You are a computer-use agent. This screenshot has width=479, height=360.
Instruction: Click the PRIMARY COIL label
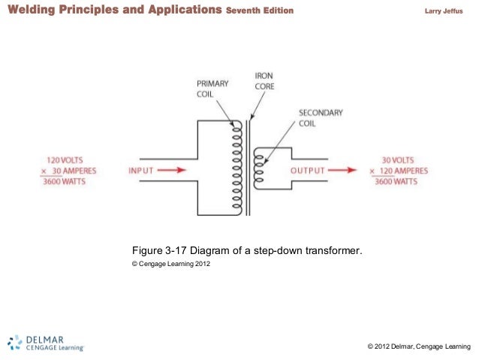[212, 88]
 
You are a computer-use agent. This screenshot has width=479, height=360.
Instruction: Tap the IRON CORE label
[264, 81]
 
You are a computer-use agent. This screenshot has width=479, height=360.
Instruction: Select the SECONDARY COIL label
[321, 118]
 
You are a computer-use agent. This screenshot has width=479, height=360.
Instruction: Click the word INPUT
[141, 171]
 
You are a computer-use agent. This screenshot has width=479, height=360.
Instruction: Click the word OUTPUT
[308, 171]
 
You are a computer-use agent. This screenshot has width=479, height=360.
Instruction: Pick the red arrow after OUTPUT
[342, 171]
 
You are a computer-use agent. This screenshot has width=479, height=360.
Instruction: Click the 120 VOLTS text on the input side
[64, 160]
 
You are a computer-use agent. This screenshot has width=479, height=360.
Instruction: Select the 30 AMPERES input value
[68, 171]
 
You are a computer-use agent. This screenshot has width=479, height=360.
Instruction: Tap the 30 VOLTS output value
[397, 160]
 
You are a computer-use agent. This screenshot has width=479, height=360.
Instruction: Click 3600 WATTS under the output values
[397, 181]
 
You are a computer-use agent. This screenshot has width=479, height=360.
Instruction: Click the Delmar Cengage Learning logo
[46, 342]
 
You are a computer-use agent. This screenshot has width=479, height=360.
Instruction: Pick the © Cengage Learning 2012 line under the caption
[166, 265]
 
